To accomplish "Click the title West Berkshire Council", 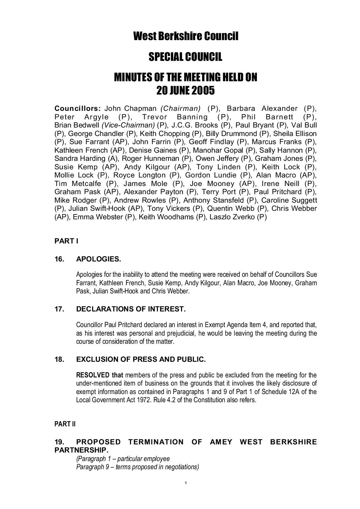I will click(x=185, y=36).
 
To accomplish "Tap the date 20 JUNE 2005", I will click(x=185, y=90).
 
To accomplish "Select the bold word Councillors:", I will click(x=78, y=108).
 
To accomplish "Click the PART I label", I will click(x=66, y=241).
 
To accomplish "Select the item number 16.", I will click(x=59, y=259).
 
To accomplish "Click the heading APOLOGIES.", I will click(x=99, y=259).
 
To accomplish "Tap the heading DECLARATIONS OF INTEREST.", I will click(x=131, y=309).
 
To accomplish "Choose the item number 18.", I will click(x=59, y=359).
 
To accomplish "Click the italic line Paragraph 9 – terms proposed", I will click(x=137, y=467).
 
